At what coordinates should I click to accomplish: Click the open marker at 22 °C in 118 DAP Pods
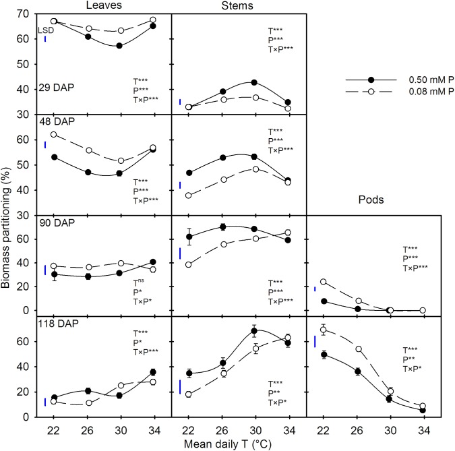324,330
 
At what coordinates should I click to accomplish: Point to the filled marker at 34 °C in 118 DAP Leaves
153,371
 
